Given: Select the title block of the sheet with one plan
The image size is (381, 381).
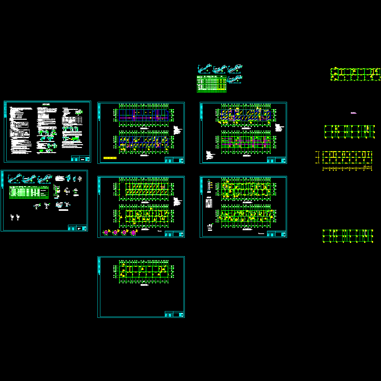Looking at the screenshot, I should click(x=174, y=314).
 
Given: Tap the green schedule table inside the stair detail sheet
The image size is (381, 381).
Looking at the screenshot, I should click(x=29, y=192).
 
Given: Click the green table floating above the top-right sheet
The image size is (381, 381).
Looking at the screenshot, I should click(x=212, y=84).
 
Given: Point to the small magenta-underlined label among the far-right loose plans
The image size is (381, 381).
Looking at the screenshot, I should click(x=353, y=113).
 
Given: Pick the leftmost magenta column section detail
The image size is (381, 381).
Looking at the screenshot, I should click(x=106, y=233).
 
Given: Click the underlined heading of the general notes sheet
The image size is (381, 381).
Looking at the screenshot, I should click(x=47, y=104).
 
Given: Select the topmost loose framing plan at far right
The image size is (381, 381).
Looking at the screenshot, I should click(x=355, y=74).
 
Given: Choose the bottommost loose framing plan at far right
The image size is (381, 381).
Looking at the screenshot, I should click(x=348, y=236).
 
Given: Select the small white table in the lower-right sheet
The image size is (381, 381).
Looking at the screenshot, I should click(x=209, y=203).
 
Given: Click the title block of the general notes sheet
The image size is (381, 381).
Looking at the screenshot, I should click(x=80, y=159).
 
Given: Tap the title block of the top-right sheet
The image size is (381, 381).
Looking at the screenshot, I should click(x=277, y=160).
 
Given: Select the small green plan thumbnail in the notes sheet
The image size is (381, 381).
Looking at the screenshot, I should click(x=79, y=112).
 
